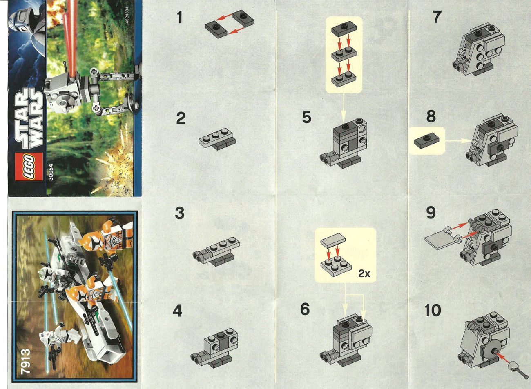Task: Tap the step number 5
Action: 306,117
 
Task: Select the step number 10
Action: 433,310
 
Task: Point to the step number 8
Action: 431,117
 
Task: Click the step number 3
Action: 179,213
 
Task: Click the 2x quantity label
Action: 364,274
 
